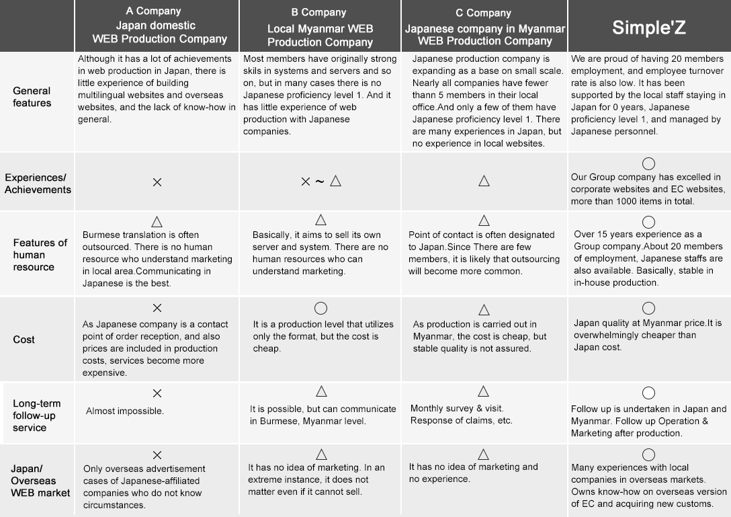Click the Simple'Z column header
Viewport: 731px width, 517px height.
[x=648, y=28]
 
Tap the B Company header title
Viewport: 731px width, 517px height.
[x=319, y=12]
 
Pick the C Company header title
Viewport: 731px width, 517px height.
[x=483, y=13]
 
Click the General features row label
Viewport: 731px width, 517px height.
[x=32, y=97]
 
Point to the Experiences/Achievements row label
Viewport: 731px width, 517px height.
[x=38, y=184]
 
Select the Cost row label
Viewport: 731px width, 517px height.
[x=24, y=340]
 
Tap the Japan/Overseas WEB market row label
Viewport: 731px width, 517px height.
[x=40, y=481]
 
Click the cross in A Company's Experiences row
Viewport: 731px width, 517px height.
[x=157, y=182]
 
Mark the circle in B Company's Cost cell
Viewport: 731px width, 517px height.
[x=320, y=308]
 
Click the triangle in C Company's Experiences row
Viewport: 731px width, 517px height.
[x=484, y=181]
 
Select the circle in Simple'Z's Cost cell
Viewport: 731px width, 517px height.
[x=648, y=308]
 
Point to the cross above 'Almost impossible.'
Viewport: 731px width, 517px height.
[x=157, y=393]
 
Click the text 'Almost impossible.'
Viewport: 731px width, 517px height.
[x=124, y=411]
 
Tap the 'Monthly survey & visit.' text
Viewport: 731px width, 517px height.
[x=457, y=408]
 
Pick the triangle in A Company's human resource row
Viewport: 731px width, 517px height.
[x=157, y=221]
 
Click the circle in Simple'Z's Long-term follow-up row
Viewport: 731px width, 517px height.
[x=648, y=393]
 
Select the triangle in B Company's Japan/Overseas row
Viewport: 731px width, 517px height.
[x=320, y=454]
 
